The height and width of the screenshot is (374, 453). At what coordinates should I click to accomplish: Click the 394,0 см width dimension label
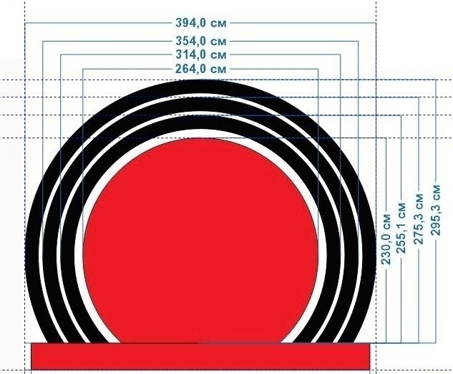(x=201, y=22)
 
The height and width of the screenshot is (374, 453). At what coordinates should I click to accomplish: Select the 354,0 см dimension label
(x=201, y=41)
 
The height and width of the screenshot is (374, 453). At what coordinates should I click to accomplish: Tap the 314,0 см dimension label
(x=201, y=54)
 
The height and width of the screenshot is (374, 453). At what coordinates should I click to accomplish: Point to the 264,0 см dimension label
(x=201, y=69)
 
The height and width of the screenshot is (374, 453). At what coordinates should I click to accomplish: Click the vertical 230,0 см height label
(x=386, y=239)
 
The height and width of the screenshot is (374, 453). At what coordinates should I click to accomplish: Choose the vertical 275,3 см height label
(x=419, y=219)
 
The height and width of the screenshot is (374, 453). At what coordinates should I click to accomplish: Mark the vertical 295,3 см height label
(x=436, y=210)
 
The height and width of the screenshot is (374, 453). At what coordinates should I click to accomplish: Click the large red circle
(x=200, y=240)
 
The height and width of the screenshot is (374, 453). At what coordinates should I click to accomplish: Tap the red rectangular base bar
(x=200, y=356)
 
